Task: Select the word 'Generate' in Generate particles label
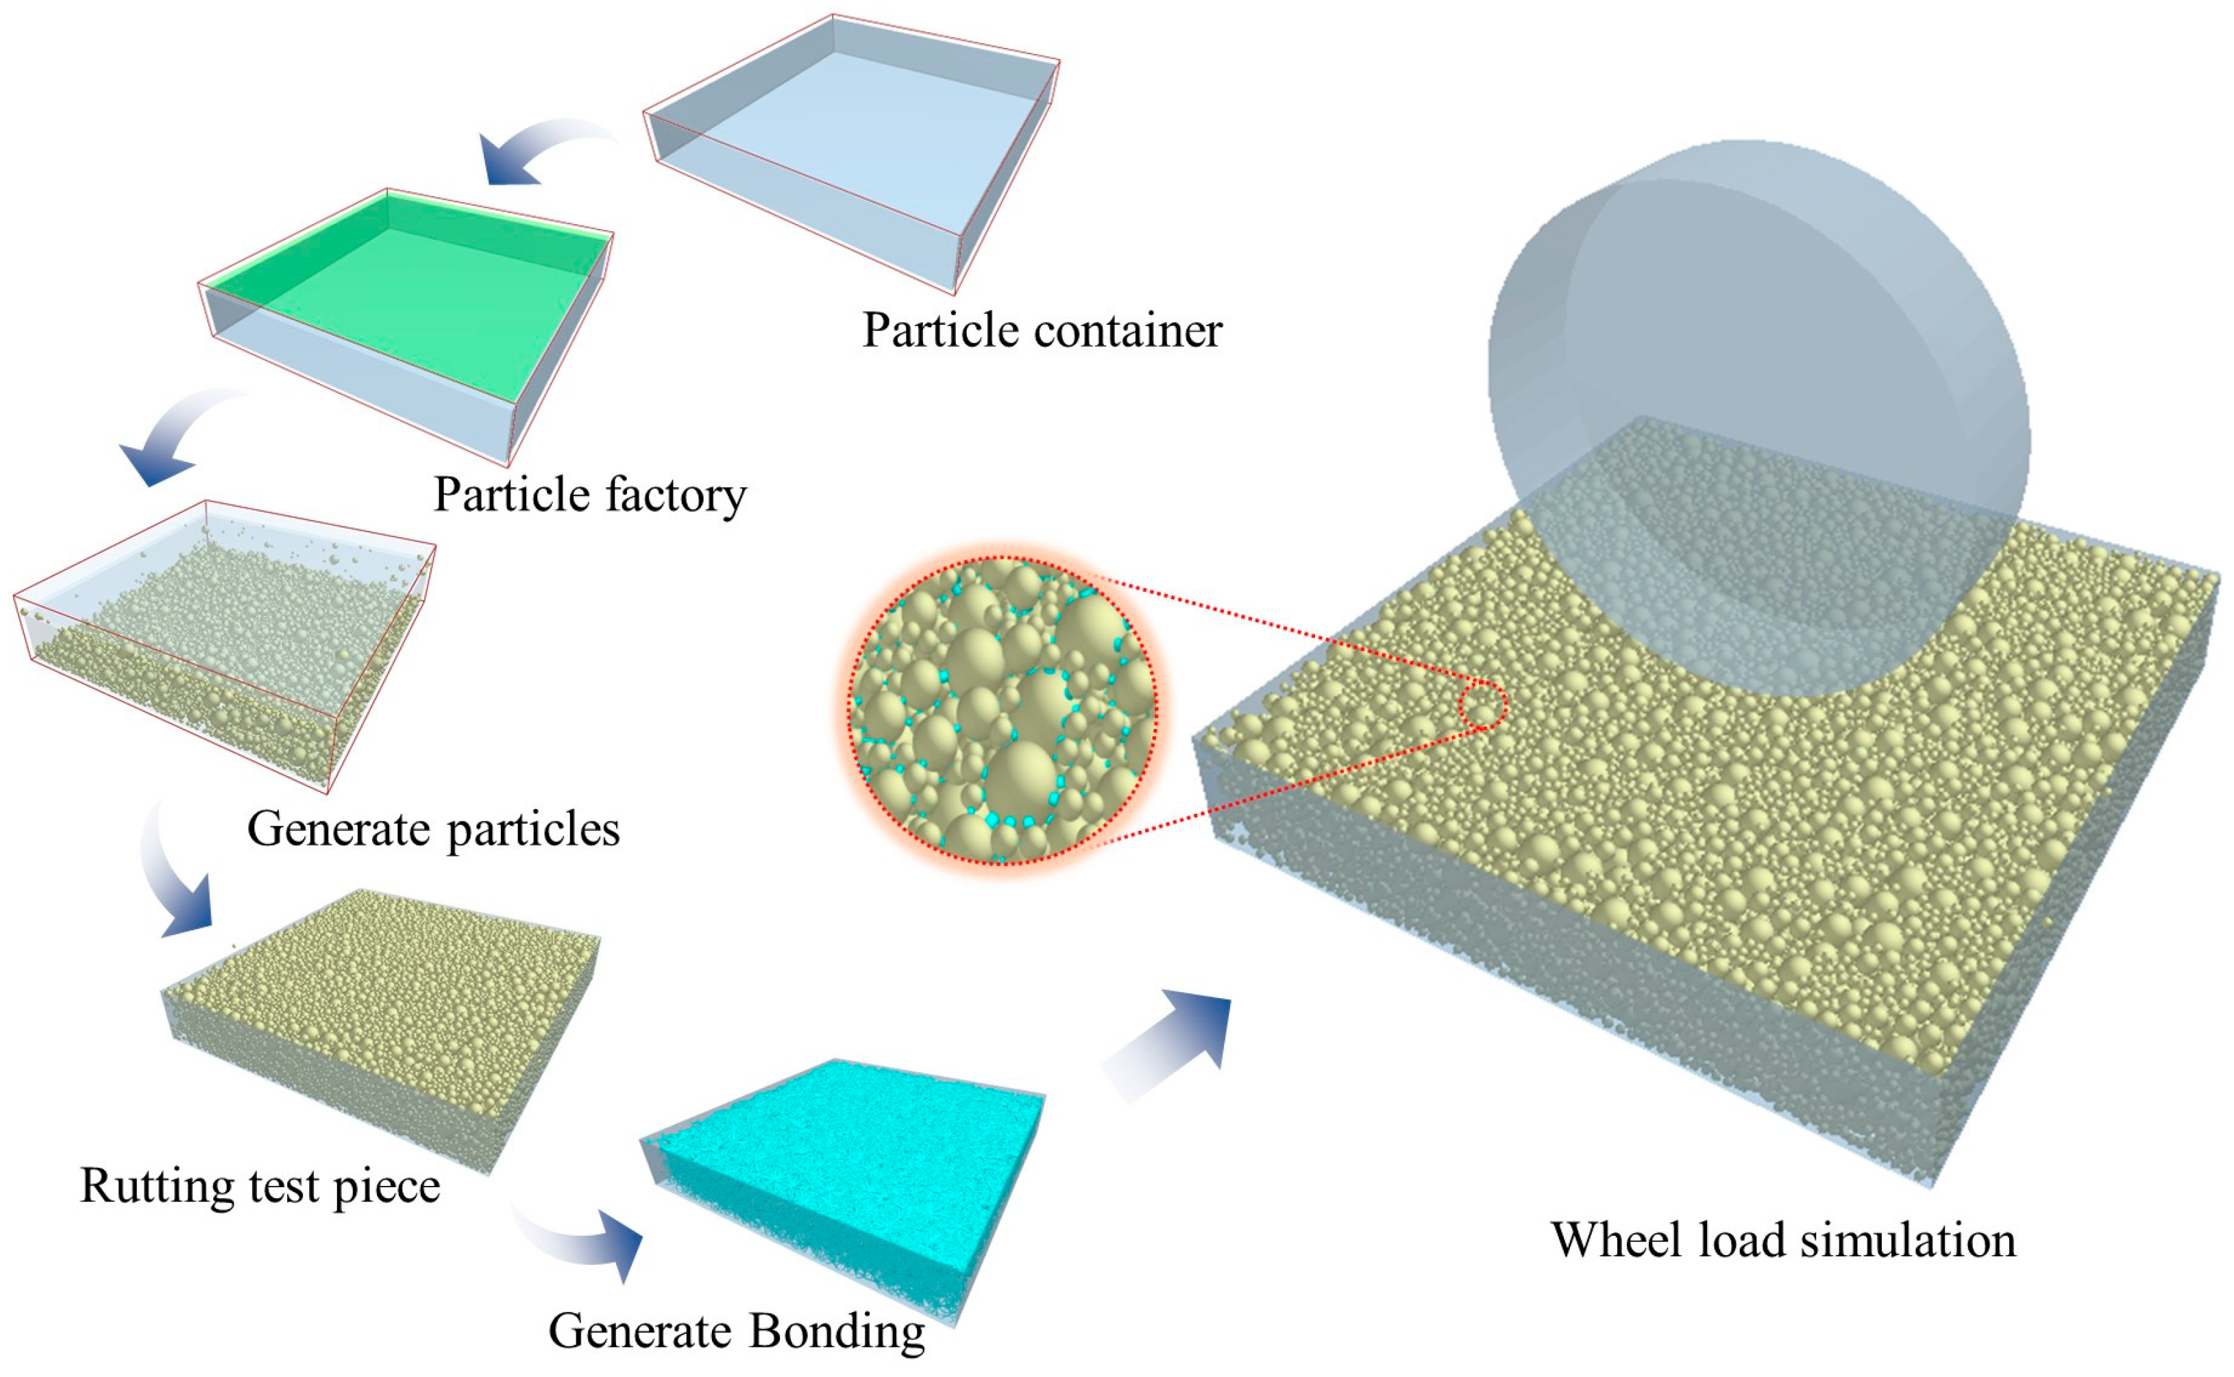coord(338,830)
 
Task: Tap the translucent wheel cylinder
coord(1758,364)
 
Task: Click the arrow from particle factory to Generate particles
coord(173,437)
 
